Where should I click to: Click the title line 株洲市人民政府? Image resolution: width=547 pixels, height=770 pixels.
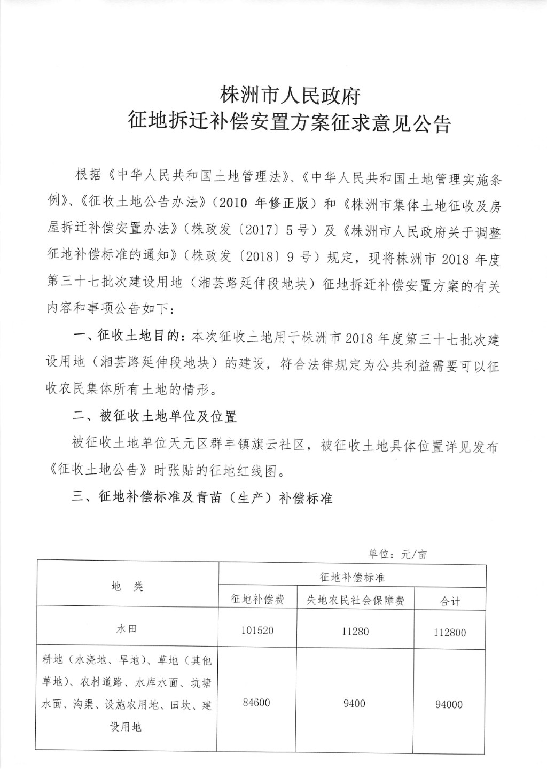click(x=291, y=96)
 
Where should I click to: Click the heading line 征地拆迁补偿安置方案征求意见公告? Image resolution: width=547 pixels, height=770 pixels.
click(x=291, y=123)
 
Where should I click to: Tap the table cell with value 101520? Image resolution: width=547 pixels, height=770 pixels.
click(x=257, y=631)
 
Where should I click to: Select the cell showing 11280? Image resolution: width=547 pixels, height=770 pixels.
click(x=354, y=631)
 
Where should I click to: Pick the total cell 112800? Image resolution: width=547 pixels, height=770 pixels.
click(x=450, y=633)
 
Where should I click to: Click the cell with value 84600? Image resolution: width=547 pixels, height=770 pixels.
click(x=256, y=703)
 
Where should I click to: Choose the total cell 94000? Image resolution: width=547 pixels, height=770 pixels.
click(x=449, y=704)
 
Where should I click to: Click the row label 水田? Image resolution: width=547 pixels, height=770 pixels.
click(x=127, y=629)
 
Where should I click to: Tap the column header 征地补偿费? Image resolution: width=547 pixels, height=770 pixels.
click(x=257, y=600)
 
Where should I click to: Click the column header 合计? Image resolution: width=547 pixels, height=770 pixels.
click(x=450, y=601)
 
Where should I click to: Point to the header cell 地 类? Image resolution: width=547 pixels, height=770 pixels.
click(x=128, y=586)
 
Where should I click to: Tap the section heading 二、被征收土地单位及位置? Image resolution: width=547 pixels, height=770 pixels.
click(x=154, y=416)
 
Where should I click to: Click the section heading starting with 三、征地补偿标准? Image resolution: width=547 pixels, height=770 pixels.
click(x=202, y=497)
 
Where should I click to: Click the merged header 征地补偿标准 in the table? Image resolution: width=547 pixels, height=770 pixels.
click(x=353, y=578)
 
